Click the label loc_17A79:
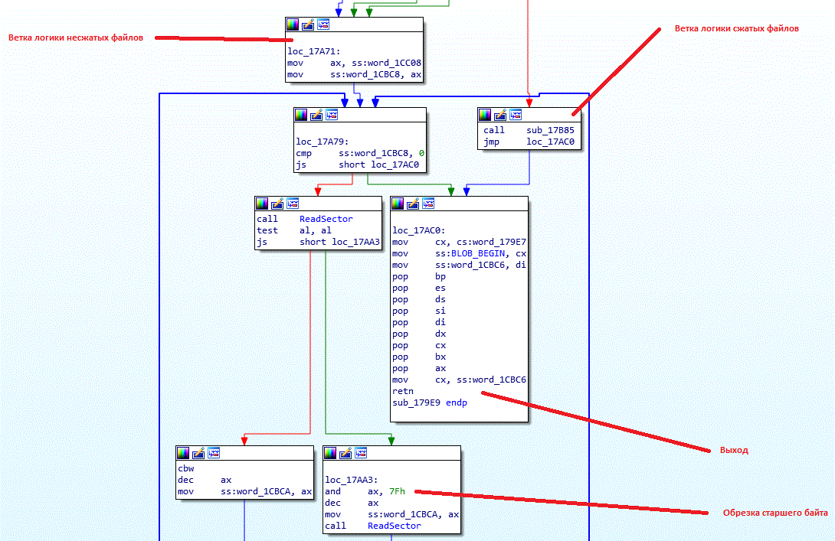pyautogui.click(x=318, y=142)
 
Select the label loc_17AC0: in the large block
pyautogui.click(x=414, y=230)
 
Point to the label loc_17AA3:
pyautogui.click(x=346, y=480)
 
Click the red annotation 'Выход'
pyautogui.click(x=733, y=450)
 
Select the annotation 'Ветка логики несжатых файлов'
pyautogui.click(x=75, y=37)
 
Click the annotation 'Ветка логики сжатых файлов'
pyautogui.click(x=736, y=28)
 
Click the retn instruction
pyautogui.click(x=403, y=391)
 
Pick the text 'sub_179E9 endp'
pyautogui.click(x=429, y=402)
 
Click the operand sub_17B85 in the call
pyautogui.click(x=550, y=130)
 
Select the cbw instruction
pyautogui.click(x=185, y=468)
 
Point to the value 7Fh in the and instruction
pyautogui.click(x=396, y=491)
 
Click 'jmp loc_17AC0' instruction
pyautogui.click(x=529, y=142)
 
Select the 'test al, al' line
pyautogui.click(x=294, y=230)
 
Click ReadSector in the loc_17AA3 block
pyautogui.click(x=394, y=526)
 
